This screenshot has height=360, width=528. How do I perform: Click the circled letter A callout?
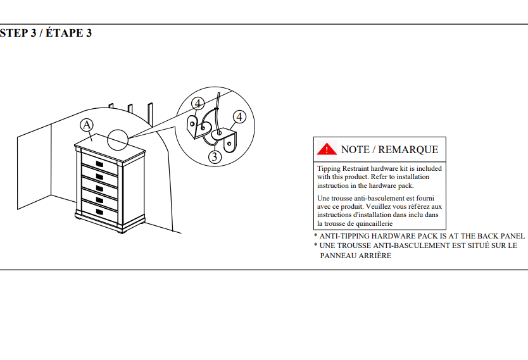pyautogui.click(x=87, y=125)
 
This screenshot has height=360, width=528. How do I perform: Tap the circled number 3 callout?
pyautogui.click(x=214, y=156)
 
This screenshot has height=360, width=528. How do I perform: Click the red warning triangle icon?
pyautogui.click(x=327, y=149)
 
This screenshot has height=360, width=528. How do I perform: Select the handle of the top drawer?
pyautogui.click(x=99, y=164)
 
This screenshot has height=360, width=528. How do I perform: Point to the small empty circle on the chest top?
pyautogui.click(x=118, y=139)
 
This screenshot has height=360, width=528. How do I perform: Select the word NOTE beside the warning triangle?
pyautogui.click(x=355, y=150)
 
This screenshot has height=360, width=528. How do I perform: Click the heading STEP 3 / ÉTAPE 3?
pyautogui.click(x=46, y=33)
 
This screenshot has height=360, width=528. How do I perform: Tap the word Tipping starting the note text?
pyautogui.click(x=329, y=169)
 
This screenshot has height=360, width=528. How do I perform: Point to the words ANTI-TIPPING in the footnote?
pyautogui.click(x=345, y=235)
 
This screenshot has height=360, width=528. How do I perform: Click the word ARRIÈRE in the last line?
pyautogui.click(x=374, y=256)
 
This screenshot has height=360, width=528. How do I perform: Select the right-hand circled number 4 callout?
pyautogui.click(x=239, y=117)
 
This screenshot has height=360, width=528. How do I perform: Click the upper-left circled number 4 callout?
pyautogui.click(x=198, y=103)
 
